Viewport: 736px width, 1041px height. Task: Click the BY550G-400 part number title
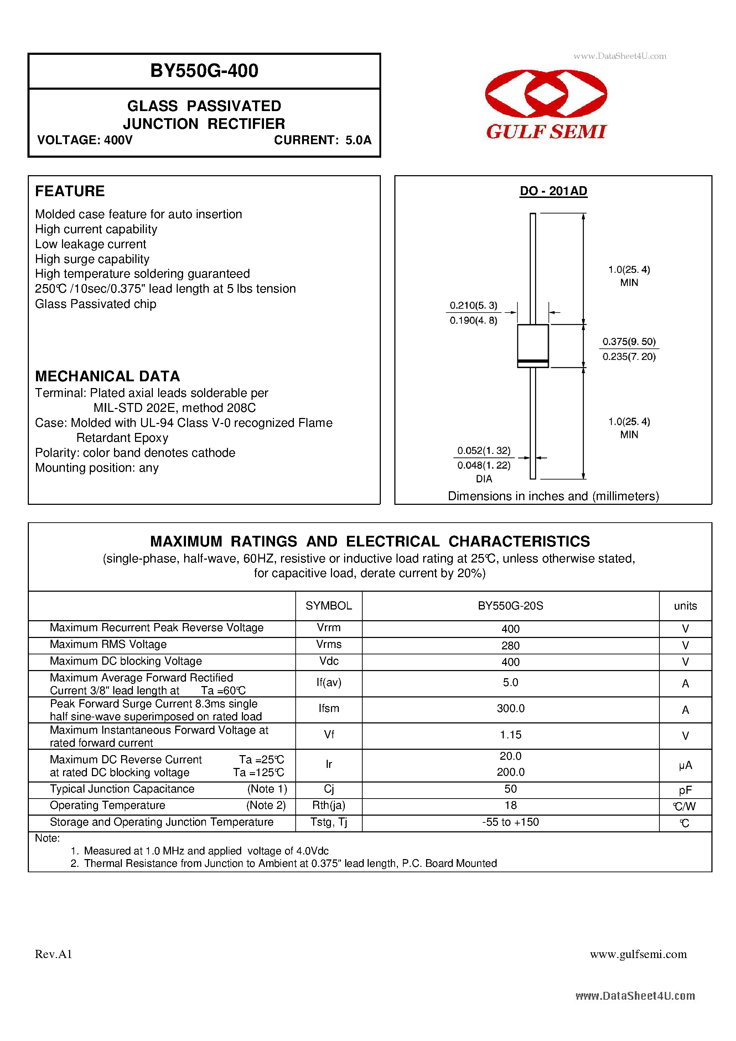tap(204, 71)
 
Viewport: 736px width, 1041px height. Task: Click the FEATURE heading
tap(70, 191)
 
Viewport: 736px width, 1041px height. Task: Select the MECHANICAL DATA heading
tap(108, 376)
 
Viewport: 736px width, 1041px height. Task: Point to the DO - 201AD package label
tap(553, 191)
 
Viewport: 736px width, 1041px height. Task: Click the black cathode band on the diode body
tap(533, 361)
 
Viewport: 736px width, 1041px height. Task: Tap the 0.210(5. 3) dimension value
tap(473, 305)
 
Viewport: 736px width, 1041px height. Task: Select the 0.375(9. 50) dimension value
tap(629, 341)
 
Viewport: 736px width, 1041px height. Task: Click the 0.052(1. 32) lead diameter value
tap(484, 450)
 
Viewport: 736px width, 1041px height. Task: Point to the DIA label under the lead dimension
tap(484, 479)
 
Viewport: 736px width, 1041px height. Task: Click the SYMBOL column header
tap(328, 606)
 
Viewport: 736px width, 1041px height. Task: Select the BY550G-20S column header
tap(510, 606)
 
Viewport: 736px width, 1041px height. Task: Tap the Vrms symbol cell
tap(328, 644)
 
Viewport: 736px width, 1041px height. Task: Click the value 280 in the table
tap(510, 645)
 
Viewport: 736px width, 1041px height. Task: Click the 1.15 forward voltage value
tap(510, 734)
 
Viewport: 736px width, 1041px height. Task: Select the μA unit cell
tap(685, 765)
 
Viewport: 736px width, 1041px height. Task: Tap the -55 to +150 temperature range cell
tap(510, 822)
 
